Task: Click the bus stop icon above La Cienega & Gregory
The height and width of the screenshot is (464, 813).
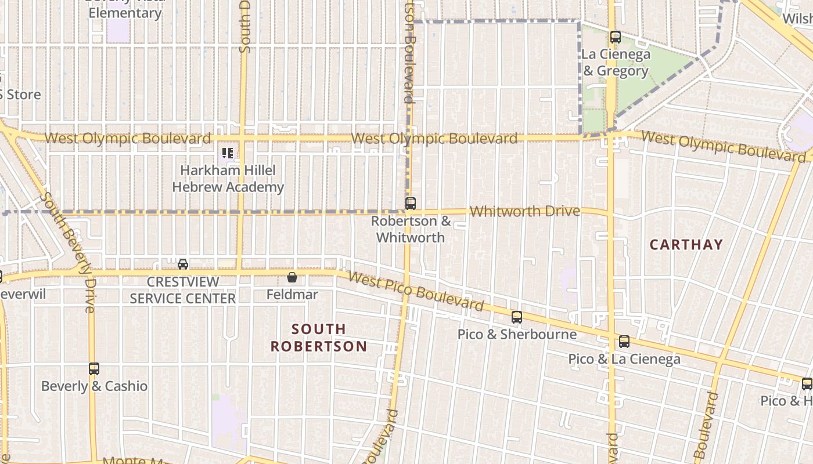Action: [x=616, y=37]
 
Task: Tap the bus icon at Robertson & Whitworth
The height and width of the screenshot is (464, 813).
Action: [x=411, y=204]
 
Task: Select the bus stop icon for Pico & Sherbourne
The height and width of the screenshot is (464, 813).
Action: [x=516, y=317]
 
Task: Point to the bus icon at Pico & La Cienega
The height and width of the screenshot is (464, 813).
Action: [x=624, y=342]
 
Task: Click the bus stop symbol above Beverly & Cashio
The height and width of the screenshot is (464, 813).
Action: [x=94, y=369]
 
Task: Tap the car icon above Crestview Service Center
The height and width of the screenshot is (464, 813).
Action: [x=183, y=264]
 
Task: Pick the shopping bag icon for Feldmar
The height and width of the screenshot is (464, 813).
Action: [x=292, y=278]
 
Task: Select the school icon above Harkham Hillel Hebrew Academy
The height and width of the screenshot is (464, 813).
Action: [x=228, y=154]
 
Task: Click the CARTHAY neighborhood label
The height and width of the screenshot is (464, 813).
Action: [x=686, y=245]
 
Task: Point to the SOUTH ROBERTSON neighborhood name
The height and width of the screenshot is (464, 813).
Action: [x=319, y=338]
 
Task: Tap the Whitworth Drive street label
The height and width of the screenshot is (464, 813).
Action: [x=524, y=212]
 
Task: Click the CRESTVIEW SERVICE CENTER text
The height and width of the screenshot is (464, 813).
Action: [x=183, y=290]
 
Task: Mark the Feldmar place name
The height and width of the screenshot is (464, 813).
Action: [x=292, y=295]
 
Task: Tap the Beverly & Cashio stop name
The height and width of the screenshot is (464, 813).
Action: [x=94, y=386]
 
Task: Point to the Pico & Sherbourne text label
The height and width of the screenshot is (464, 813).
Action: [x=517, y=335]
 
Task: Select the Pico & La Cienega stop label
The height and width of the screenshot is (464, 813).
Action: [x=624, y=359]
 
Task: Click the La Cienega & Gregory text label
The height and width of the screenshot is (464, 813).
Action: [x=616, y=63]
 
